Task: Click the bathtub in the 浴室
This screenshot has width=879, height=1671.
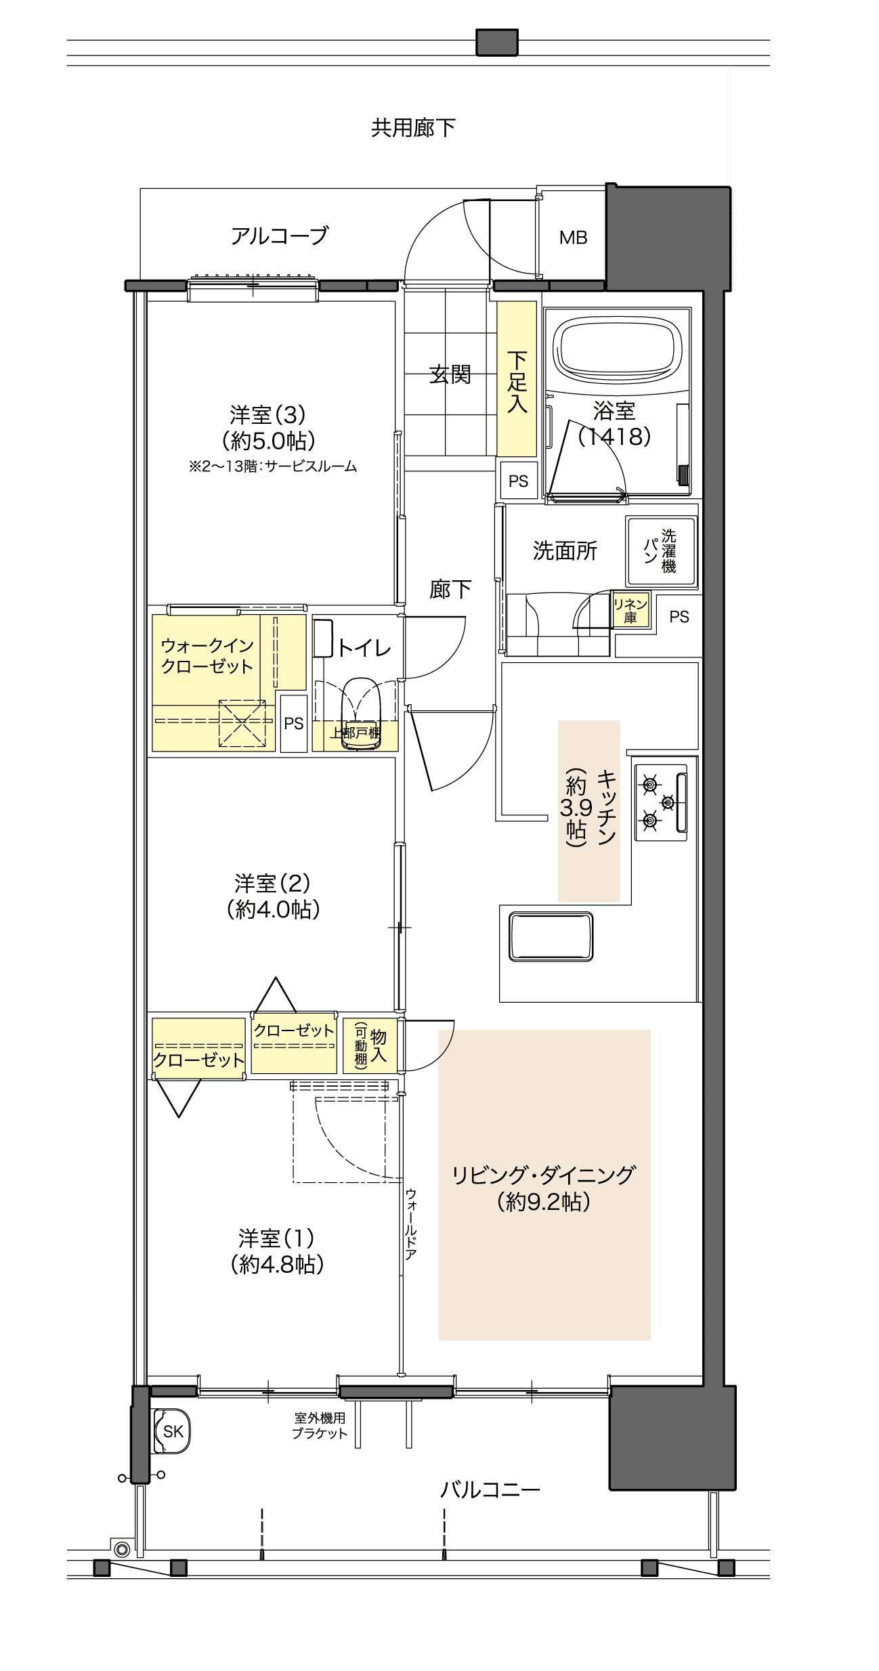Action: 617,351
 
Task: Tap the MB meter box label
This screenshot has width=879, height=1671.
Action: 573,238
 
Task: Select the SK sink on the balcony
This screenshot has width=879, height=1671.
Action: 172,1431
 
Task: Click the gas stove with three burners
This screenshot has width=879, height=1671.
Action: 661,802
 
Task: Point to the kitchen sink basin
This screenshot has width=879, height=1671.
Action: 551,936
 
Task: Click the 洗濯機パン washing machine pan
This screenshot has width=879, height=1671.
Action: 661,551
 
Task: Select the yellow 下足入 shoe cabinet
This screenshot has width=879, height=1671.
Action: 517,378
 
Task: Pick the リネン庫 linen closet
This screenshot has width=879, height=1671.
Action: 630,610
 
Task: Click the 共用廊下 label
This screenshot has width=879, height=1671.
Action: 413,127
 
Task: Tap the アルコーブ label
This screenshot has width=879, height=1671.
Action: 279,236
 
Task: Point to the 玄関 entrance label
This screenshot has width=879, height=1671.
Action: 450,374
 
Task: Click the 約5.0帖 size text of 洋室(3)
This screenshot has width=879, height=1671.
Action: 269,441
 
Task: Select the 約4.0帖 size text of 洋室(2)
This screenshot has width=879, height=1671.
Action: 273,909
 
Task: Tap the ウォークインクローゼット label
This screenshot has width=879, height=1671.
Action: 207,655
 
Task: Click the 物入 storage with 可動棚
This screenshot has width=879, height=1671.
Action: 370,1045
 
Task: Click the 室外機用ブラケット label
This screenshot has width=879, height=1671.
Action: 320,1425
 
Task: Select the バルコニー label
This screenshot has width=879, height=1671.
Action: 490,1490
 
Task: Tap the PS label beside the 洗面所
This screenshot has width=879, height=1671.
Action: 679,617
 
